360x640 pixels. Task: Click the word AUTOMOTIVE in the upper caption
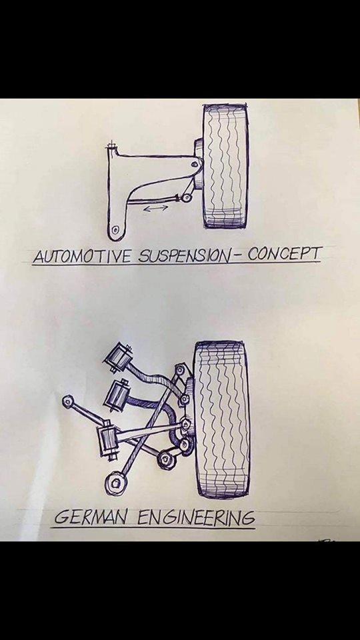83,255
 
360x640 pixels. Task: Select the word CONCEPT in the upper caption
285,253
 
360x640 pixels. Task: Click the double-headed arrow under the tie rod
155,208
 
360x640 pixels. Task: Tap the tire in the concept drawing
226,166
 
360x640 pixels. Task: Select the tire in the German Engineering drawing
221,419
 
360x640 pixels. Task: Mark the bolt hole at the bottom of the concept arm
115,229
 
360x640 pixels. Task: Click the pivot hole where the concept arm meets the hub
197,165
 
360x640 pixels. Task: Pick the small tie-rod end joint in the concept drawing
187,198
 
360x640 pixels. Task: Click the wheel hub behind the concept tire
199,164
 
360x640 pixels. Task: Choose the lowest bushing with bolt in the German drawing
108,443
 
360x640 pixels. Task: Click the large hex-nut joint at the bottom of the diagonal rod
115,485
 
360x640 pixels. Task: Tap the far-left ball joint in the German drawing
68,401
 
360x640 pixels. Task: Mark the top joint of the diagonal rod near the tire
180,370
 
